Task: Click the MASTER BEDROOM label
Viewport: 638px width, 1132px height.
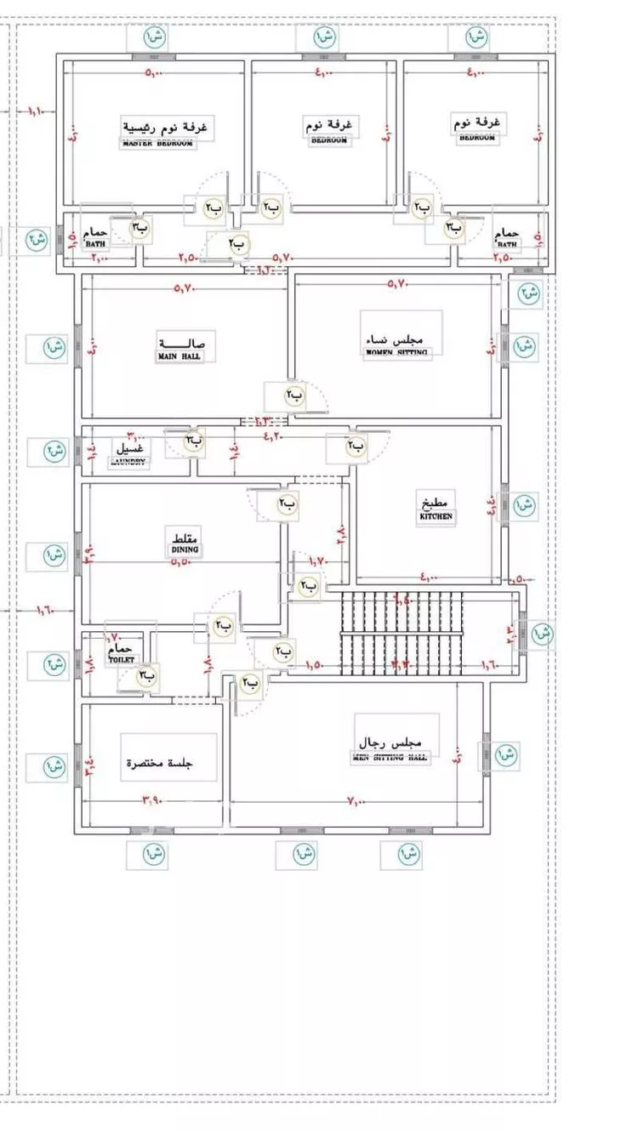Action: click(157, 144)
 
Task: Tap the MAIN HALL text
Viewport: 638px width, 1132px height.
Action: click(180, 356)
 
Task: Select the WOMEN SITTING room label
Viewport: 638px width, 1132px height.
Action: click(397, 352)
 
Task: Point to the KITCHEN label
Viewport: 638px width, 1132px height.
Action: click(436, 516)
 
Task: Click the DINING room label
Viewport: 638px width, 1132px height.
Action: click(185, 550)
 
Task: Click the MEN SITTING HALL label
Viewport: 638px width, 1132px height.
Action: click(390, 758)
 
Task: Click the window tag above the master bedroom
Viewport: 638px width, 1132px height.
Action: click(154, 37)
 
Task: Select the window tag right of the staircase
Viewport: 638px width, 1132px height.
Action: click(542, 633)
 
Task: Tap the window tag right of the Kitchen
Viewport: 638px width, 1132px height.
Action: click(525, 504)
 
